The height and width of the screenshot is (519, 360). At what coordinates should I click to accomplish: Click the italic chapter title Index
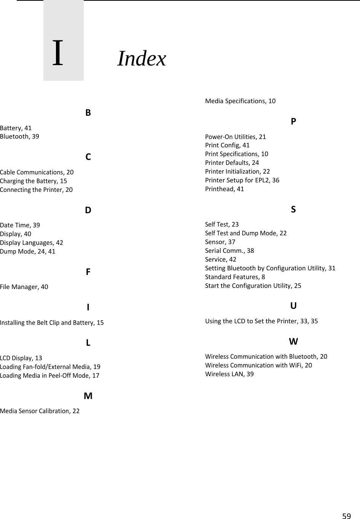[142, 59]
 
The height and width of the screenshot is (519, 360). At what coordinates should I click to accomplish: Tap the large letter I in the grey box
[58, 53]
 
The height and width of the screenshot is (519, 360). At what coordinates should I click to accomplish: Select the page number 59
[346, 516]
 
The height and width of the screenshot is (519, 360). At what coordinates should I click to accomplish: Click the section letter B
[88, 113]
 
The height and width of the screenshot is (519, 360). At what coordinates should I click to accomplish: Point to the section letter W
[293, 342]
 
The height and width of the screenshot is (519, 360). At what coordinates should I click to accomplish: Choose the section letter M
[88, 396]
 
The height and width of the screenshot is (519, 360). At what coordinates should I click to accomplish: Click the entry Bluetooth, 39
[19, 136]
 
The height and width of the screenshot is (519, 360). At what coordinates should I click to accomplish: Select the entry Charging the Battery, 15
[33, 181]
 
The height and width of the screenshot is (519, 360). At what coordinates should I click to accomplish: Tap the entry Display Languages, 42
[32, 243]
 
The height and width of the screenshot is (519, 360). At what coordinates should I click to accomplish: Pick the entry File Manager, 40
[24, 287]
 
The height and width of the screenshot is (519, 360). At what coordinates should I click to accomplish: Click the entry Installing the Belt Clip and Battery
[52, 323]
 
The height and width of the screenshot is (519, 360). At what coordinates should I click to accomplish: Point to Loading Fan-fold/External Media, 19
[50, 367]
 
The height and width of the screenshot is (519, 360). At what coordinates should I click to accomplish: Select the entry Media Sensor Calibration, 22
[40, 411]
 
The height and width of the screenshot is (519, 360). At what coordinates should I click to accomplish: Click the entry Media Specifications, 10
[240, 101]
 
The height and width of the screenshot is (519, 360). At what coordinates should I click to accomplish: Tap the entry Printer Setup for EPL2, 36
[242, 180]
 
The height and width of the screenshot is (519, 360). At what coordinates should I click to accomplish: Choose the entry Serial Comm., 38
[229, 251]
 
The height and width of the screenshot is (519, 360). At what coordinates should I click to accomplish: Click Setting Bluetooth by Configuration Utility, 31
[270, 268]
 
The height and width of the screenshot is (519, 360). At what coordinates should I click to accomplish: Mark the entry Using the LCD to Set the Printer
[261, 321]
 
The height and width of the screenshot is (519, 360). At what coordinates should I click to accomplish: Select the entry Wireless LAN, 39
[229, 374]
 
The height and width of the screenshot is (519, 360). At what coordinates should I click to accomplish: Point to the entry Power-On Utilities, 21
[236, 137]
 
